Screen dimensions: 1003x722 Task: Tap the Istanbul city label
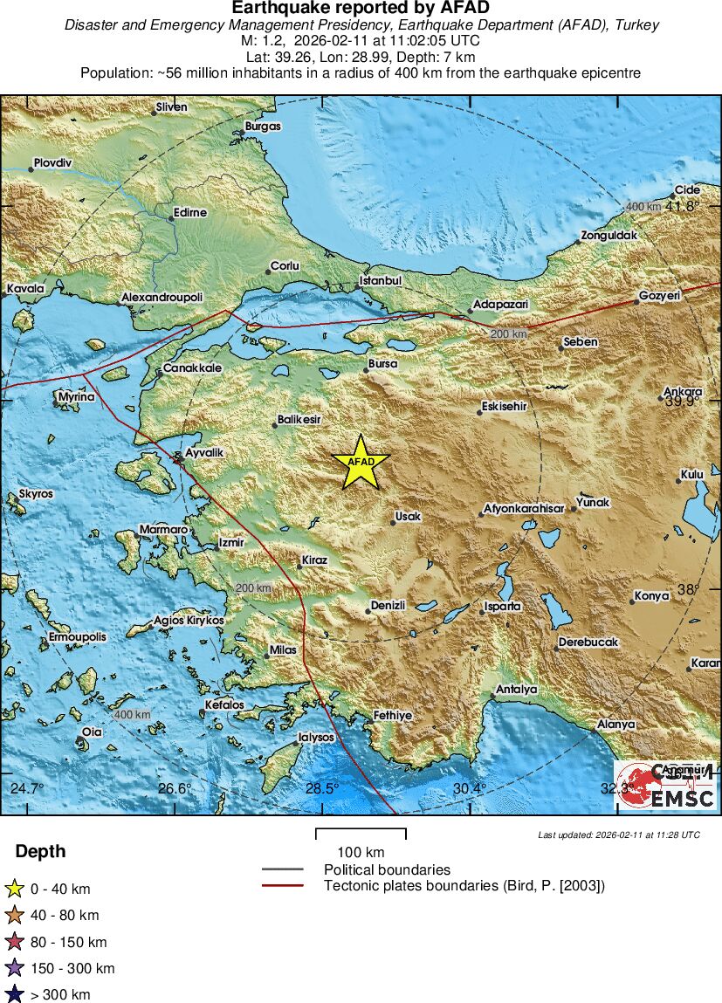381,281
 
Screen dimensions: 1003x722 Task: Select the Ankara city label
683,391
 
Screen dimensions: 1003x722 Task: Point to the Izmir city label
231,542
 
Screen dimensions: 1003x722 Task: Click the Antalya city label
516,690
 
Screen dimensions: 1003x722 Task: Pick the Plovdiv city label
52,163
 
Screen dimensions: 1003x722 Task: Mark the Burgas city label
263,126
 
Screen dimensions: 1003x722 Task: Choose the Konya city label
651,596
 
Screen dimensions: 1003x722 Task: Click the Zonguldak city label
610,236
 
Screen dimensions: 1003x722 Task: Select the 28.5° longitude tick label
322,789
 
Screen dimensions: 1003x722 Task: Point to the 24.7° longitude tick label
26,789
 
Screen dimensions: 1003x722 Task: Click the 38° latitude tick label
689,589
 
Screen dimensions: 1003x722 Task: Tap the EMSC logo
666,785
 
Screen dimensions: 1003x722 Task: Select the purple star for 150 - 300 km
14,968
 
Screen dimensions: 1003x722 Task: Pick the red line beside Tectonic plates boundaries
283,886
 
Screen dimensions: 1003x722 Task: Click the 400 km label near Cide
644,206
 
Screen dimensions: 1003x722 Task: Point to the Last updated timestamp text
618,835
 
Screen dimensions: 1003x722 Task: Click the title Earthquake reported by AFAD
361,8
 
